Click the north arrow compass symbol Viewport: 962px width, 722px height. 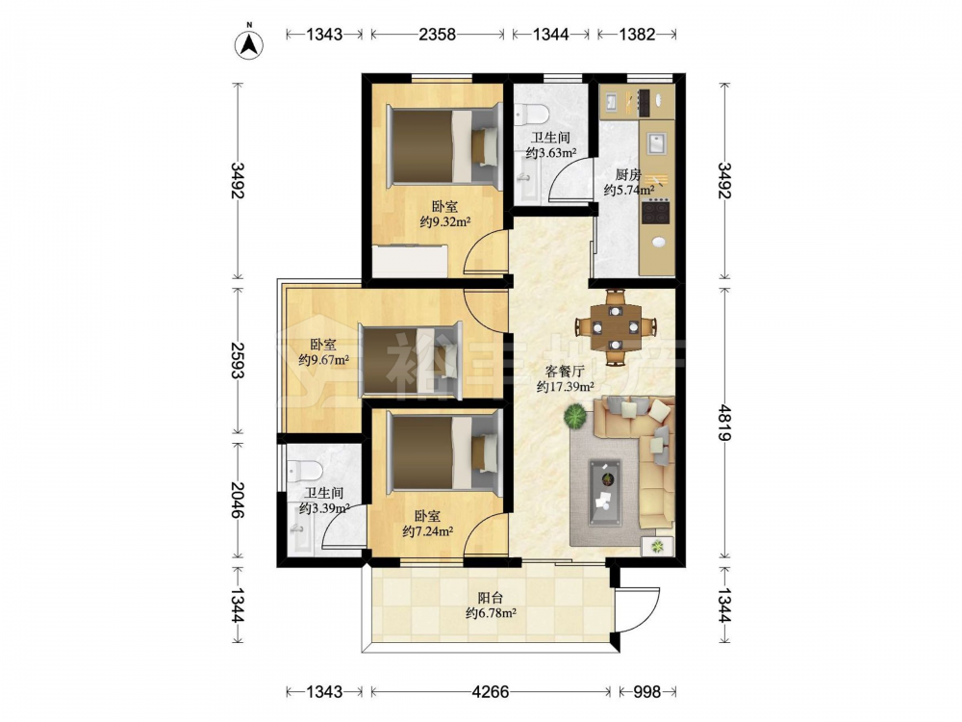pos(250,44)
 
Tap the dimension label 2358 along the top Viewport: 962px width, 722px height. pos(438,35)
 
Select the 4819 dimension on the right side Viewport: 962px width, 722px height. pos(724,423)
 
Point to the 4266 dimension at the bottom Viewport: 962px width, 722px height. pos(491,692)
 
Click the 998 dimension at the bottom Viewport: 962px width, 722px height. pos(646,692)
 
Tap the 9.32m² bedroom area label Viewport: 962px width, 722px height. pos(445,222)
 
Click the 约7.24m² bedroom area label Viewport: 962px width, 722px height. pos(428,531)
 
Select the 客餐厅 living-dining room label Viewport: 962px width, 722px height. pos(565,372)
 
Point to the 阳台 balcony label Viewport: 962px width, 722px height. pos(491,598)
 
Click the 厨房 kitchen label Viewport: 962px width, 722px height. pos(628,175)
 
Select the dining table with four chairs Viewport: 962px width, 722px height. pos(616,327)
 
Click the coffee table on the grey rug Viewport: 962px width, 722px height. pos(605,492)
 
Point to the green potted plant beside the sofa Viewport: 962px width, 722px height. pos(575,416)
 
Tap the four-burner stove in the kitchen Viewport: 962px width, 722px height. pos(655,212)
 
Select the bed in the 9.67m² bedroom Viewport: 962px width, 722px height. pos(411,360)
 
